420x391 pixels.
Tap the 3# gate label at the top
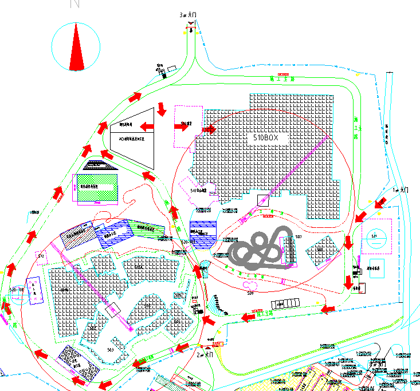point(189,14)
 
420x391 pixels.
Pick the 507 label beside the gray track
point(298,237)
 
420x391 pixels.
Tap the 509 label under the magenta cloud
point(250,293)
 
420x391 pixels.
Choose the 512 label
point(41,256)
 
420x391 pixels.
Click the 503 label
point(110,349)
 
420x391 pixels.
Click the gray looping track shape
point(261,250)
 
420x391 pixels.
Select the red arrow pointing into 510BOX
point(209,130)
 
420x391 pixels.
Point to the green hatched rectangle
point(97,188)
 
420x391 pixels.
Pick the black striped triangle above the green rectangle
point(99,165)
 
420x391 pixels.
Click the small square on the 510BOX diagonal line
point(262,200)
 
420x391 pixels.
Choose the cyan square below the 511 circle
point(377,268)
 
